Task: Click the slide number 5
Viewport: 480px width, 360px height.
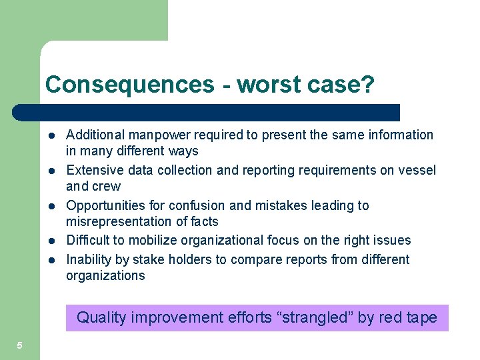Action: pyautogui.click(x=20, y=345)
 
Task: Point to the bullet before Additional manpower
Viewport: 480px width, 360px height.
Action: pyautogui.click(x=51, y=135)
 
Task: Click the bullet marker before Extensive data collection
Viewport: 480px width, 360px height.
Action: pyautogui.click(x=51, y=171)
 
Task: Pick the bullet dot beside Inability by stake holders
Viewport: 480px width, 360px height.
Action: pyautogui.click(x=51, y=259)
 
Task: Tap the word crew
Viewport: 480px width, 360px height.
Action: pyautogui.click(x=107, y=186)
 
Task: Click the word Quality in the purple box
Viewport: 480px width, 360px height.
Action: pyautogui.click(x=101, y=317)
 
